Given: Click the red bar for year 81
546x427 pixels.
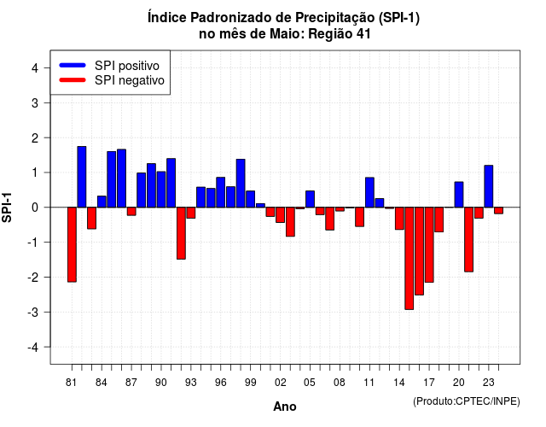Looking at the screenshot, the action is (72, 244).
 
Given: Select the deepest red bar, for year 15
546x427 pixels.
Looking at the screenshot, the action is (409, 258).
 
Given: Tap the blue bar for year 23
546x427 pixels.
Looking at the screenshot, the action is (489, 186).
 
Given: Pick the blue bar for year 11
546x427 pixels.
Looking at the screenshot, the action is (369, 192).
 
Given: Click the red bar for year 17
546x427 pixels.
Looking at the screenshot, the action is (429, 245).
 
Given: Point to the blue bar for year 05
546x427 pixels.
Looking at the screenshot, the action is (310, 199).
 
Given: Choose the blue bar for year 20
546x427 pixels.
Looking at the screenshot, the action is (459, 195).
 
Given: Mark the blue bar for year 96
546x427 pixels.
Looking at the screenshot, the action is (220, 192).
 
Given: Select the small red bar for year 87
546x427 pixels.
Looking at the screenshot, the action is (131, 211).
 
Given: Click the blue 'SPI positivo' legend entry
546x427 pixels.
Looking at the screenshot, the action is (109, 66).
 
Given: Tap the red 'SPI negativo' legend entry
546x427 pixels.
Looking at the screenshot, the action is (112, 80).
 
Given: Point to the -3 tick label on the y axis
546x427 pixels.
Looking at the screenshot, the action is (34, 312).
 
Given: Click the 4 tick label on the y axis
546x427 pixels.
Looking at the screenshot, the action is (35, 68).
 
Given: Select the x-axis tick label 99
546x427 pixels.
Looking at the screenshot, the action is (250, 383).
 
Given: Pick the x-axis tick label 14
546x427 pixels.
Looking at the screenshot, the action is (399, 383).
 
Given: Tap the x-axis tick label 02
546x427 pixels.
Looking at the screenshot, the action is (281, 383).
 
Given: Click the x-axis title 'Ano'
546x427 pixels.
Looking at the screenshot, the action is (285, 407).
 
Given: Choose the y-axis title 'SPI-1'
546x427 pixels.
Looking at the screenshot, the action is (7, 208).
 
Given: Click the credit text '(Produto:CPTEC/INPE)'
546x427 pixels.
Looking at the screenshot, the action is (467, 401).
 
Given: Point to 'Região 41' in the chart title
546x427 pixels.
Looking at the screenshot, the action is (340, 34).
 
